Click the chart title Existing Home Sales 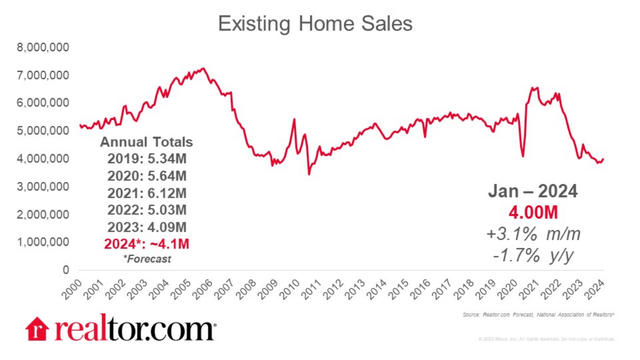pyautogui.click(x=315, y=24)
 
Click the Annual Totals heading pyautogui.click(x=147, y=142)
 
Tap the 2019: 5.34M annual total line pyautogui.click(x=147, y=158)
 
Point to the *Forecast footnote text pyautogui.click(x=147, y=259)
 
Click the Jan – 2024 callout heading pyautogui.click(x=533, y=191)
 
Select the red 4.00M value pyautogui.click(x=533, y=213)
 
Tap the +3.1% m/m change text pyautogui.click(x=533, y=234)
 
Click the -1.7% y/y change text pyautogui.click(x=533, y=256)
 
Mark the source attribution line pyautogui.click(x=539, y=316)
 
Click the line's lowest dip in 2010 pyautogui.click(x=309, y=174)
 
